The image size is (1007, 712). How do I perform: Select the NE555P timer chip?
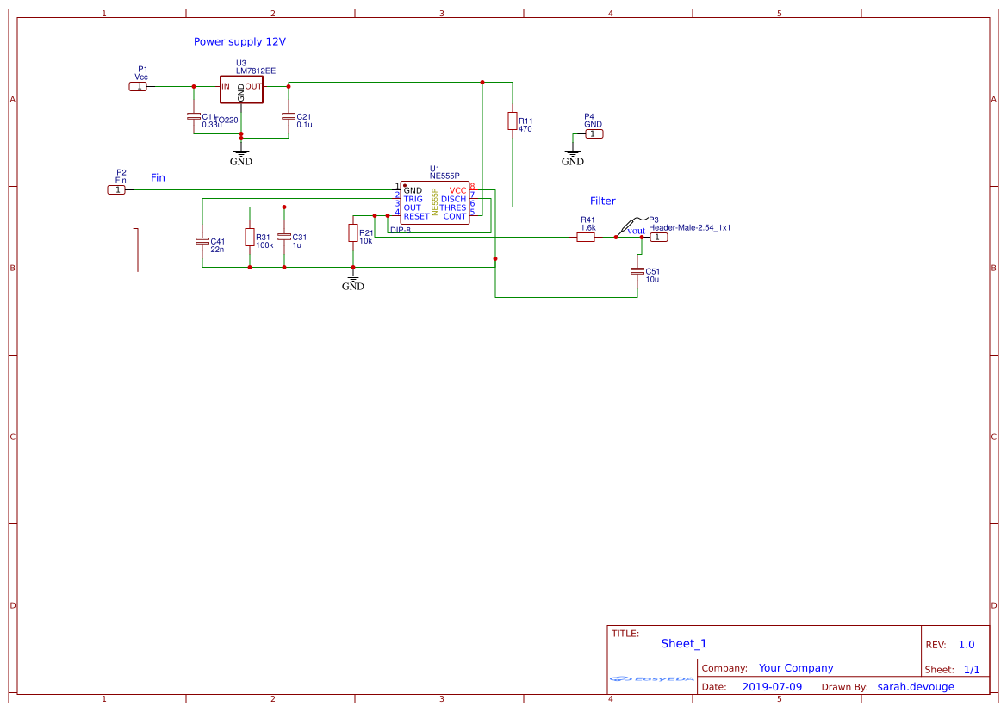tap(435, 203)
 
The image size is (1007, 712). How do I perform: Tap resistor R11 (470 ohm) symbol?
tap(513, 121)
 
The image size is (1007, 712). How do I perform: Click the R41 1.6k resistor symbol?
tap(586, 237)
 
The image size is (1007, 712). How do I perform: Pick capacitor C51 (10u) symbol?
tap(637, 271)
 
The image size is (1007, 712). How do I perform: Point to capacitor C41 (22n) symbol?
tap(202, 241)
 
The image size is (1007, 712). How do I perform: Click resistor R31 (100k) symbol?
tap(250, 238)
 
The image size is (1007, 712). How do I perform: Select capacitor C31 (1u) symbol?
tap(284, 237)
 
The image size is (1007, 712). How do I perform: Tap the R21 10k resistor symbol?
tap(352, 233)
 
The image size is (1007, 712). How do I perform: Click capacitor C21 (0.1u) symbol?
tap(289, 116)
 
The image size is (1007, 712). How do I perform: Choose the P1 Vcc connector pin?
tap(139, 86)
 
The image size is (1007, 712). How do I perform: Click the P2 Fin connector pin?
tap(116, 189)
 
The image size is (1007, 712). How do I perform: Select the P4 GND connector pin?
tap(594, 133)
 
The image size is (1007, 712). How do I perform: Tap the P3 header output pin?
tap(657, 237)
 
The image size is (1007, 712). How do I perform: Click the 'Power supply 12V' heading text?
tap(239, 41)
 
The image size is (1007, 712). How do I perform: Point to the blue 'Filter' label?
tap(603, 201)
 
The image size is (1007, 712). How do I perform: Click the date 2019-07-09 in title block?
tap(771, 686)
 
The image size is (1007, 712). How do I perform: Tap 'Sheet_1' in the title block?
tap(684, 643)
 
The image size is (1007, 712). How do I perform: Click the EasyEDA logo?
tap(652, 679)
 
